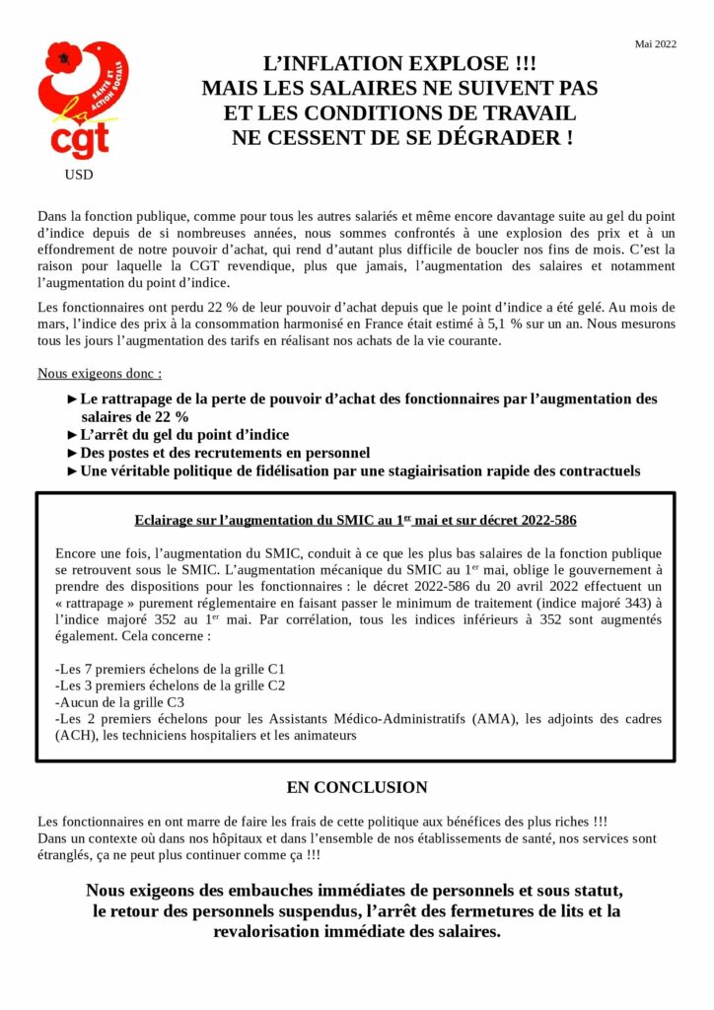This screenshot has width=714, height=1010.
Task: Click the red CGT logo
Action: tap(83, 99)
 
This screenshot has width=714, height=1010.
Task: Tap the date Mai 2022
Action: tap(656, 44)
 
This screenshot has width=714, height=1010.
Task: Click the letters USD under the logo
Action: tap(79, 176)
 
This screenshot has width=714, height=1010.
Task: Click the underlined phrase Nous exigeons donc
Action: tap(100, 374)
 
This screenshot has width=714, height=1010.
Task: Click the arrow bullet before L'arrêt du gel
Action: tap(72, 435)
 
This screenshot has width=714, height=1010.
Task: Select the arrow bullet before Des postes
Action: tap(72, 453)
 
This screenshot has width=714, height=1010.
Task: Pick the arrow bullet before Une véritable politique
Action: tap(72, 471)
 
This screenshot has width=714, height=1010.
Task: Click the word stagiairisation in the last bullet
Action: tap(457, 471)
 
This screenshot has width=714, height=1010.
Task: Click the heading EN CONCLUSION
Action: tap(357, 788)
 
